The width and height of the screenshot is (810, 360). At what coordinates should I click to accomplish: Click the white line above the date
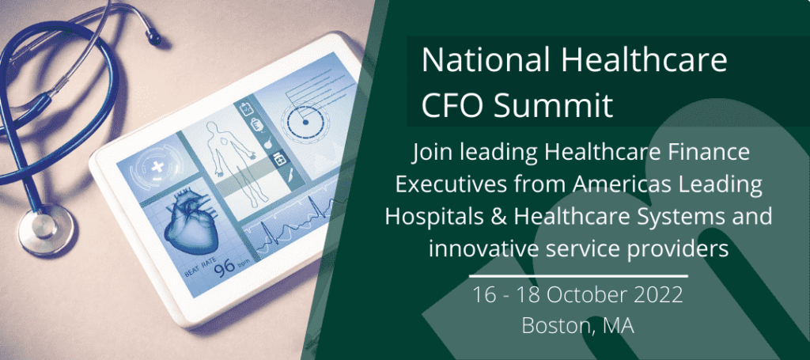(x=578, y=276)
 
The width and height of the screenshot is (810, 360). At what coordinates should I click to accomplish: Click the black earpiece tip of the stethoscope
(x=153, y=37)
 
